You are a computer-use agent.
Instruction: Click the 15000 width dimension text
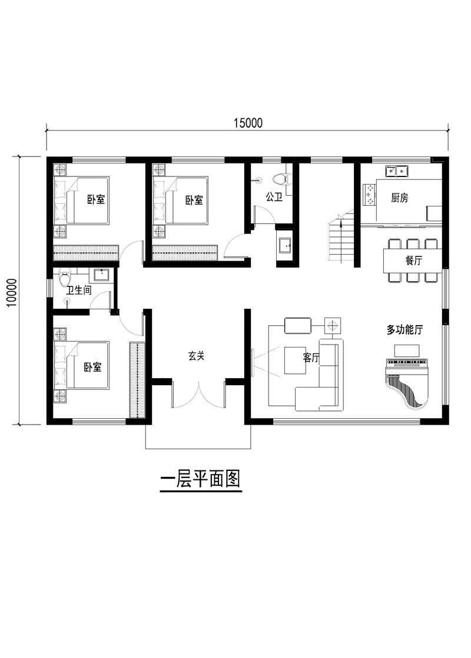247,122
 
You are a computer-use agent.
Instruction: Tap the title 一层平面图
200,479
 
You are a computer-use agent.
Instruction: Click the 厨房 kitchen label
399,198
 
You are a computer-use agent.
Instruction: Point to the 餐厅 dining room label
413,262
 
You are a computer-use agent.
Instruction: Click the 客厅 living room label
311,358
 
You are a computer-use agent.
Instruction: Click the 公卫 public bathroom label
274,197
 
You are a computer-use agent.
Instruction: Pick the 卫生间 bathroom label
78,290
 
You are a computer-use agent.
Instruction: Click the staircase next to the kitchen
341,242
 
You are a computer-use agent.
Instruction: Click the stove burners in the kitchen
370,195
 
